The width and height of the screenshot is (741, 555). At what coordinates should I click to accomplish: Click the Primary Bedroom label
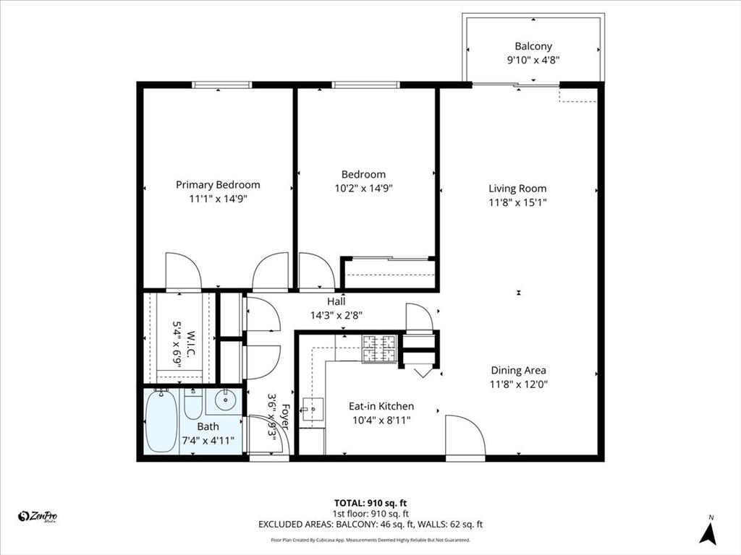coord(218,185)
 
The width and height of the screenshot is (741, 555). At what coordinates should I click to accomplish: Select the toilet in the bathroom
coord(193,406)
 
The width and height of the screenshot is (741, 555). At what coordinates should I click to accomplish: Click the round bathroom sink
coord(226,399)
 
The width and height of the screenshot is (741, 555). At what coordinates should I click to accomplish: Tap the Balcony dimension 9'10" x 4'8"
coord(533,60)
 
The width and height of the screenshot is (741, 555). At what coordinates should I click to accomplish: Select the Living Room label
coord(517,189)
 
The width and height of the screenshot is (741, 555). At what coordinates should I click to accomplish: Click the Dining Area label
coord(518,370)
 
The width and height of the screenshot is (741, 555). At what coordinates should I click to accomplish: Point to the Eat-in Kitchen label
coord(381,406)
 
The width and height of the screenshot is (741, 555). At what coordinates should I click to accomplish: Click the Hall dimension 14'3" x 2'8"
coord(336,315)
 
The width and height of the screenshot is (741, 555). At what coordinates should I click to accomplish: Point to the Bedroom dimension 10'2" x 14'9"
coord(363,188)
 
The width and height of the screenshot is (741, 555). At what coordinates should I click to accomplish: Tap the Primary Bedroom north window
coord(221,85)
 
